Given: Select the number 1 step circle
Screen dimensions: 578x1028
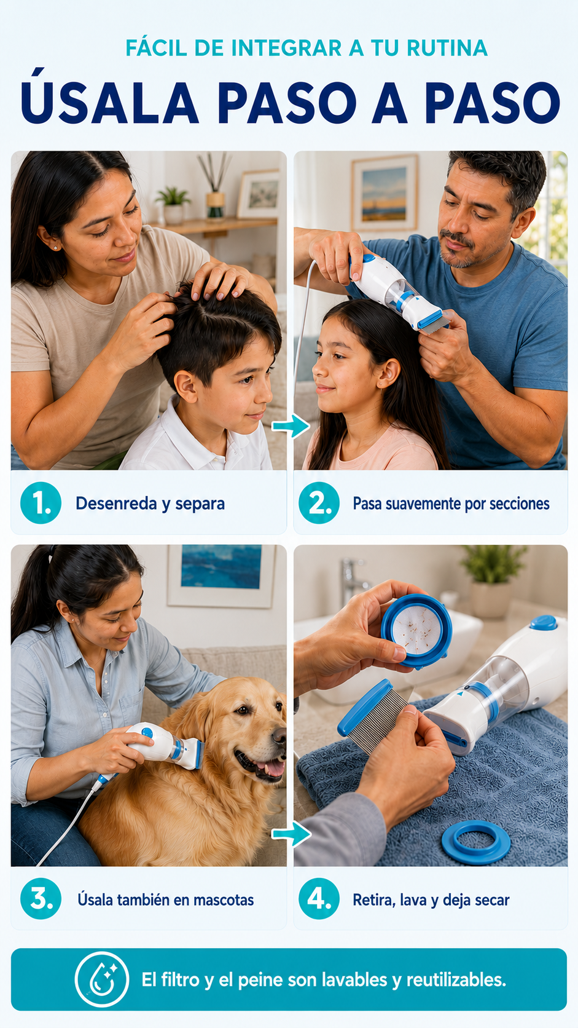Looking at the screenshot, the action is [41, 503].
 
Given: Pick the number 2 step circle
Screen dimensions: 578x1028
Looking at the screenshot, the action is [319, 503].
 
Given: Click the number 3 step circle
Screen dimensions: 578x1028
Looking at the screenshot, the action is [41, 899].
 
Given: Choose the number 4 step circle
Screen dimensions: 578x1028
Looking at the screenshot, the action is [319, 899].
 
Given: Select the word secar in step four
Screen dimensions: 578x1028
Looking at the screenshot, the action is [492, 900].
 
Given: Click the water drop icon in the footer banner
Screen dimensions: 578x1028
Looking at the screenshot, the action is [102, 980].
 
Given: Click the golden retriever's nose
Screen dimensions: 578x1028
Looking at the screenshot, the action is [279, 735].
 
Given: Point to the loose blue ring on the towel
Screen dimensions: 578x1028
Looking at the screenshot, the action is [476, 842].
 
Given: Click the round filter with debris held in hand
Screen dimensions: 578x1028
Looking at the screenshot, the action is [416, 630].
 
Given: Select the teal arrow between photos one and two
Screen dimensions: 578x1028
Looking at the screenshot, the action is [291, 426].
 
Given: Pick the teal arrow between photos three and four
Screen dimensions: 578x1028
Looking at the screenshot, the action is [291, 833].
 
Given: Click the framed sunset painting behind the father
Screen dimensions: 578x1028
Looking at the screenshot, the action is [384, 193].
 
